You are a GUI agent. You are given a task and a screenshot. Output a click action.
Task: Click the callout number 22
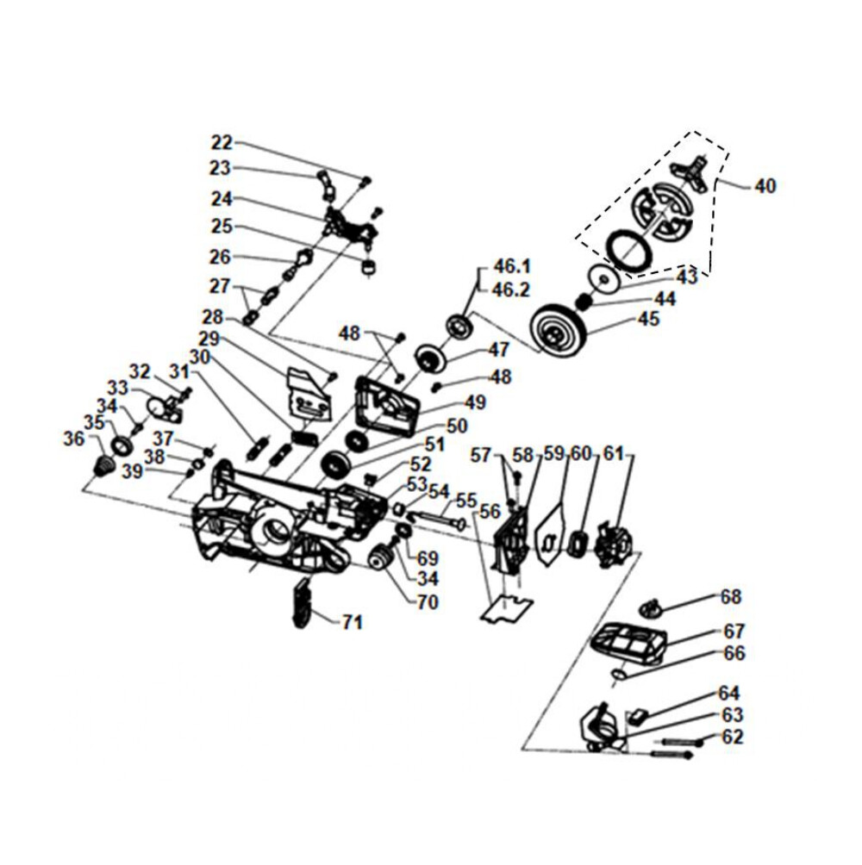click(222, 143)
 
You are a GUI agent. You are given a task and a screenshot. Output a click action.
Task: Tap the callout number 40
click(765, 185)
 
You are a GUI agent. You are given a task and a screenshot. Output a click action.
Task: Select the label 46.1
click(511, 266)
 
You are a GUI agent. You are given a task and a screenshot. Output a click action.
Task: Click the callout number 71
click(352, 622)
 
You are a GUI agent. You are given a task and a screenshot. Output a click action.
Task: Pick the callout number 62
click(733, 737)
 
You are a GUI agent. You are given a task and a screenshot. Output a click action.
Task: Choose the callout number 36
click(74, 439)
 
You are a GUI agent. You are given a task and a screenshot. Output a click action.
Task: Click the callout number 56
click(490, 511)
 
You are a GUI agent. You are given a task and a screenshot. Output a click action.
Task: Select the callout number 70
click(428, 603)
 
